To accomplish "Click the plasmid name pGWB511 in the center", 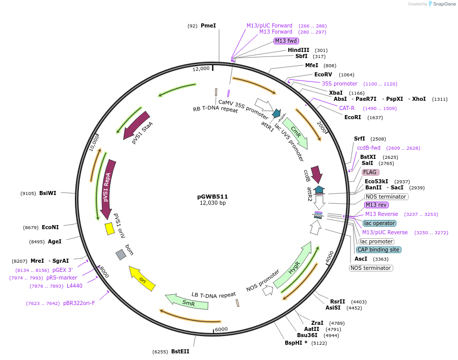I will pyautogui.click(x=212, y=196).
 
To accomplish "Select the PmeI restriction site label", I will pyautogui.click(x=208, y=25).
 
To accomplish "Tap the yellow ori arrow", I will pyautogui.click(x=142, y=278).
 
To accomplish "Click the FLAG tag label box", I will pyautogui.click(x=370, y=172).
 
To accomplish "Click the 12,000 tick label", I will pyautogui.click(x=201, y=69).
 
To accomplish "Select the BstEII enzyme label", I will pyautogui.click(x=180, y=351).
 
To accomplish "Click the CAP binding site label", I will pyautogui.click(x=378, y=250).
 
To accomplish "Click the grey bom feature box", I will pyautogui.click(x=121, y=254).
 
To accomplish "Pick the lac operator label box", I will pyautogui.click(x=380, y=223).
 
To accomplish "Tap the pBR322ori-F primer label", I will pyautogui.click(x=79, y=303).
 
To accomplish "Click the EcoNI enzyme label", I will pyautogui.click(x=50, y=227).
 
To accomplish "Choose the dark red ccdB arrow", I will pyautogui.click(x=316, y=174).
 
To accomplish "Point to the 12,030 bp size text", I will pyautogui.click(x=212, y=203).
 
